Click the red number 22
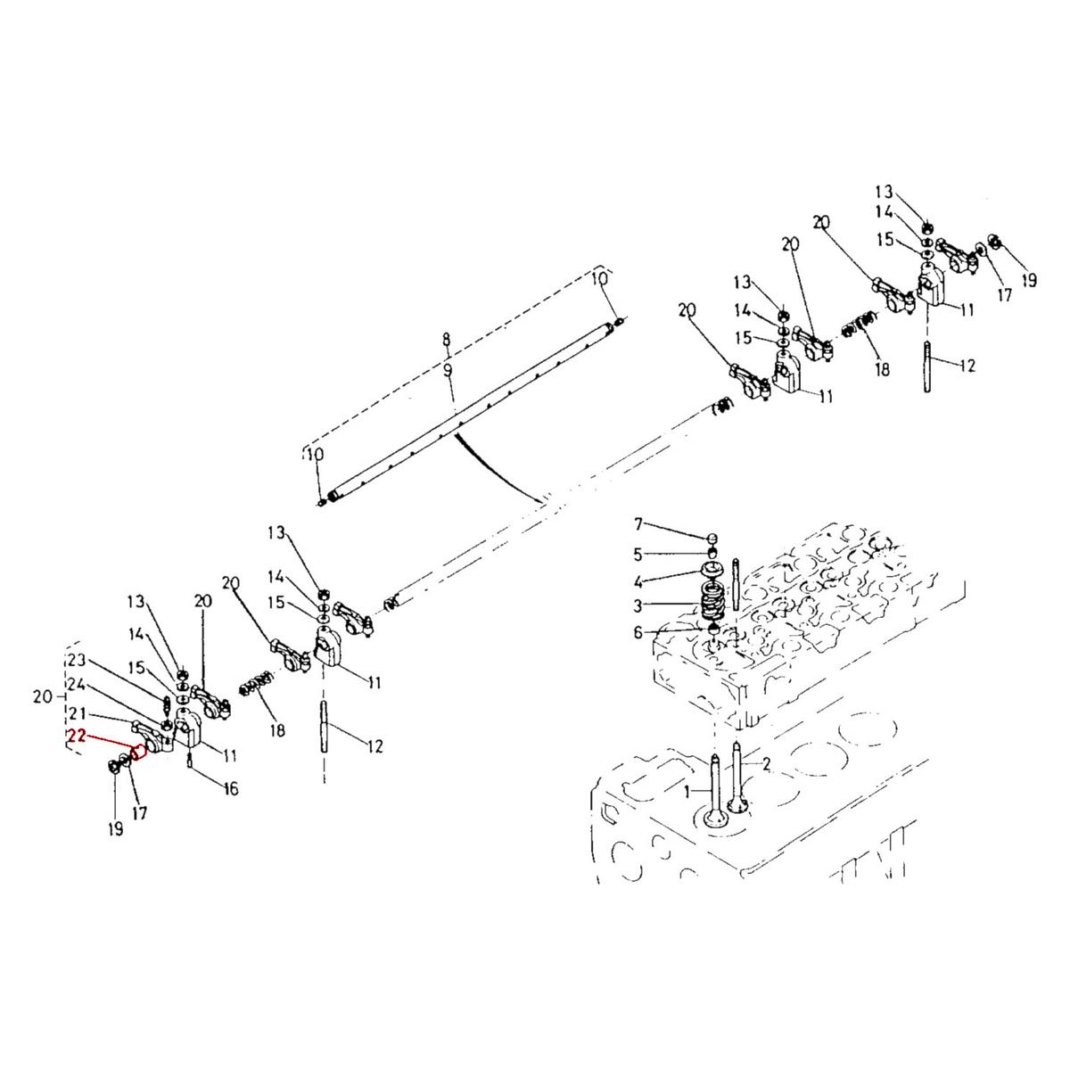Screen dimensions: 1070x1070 [78, 736]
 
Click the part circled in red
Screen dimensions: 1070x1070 [138, 752]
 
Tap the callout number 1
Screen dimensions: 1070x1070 [687, 793]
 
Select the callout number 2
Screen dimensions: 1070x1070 [767, 764]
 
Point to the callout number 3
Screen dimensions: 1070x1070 [638, 605]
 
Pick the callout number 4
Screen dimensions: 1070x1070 [638, 582]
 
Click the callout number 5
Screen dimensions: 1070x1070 [638, 554]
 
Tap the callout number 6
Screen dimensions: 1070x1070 [638, 632]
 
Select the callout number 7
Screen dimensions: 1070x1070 [638, 523]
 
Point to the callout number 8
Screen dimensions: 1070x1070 [447, 339]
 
